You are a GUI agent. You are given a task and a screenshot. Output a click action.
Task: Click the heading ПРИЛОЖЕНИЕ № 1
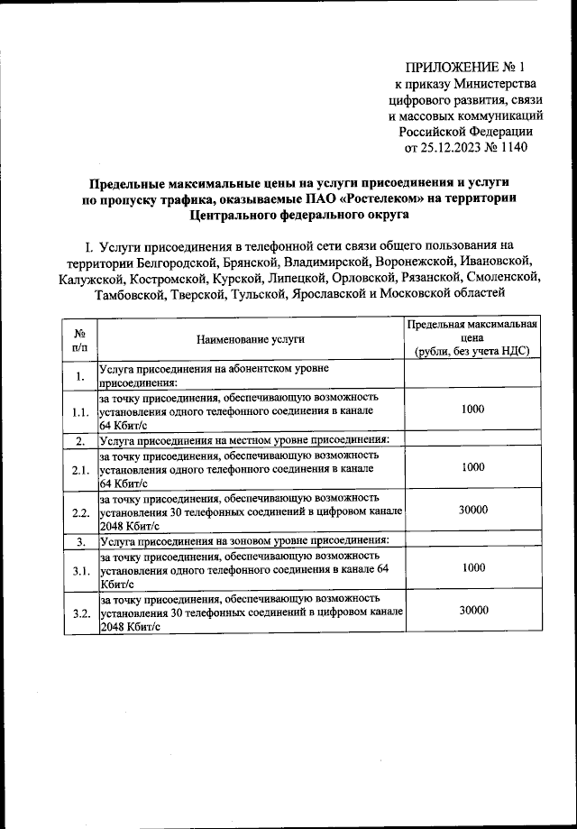pos(464,66)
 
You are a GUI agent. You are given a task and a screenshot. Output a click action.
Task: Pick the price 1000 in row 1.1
pos(472,410)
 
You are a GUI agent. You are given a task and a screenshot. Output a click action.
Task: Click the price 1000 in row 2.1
pos(472,467)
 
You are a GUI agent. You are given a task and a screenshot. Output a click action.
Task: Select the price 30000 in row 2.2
pos(472,510)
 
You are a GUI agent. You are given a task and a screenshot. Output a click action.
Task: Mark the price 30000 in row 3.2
pos(472,611)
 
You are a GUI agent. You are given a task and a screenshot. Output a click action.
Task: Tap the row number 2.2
pos(80,513)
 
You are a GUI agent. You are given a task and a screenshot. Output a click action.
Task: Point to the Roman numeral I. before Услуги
pos(88,244)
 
